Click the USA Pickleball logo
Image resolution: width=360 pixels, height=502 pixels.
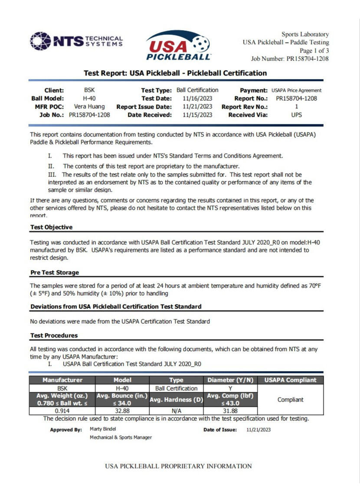pos(178,46)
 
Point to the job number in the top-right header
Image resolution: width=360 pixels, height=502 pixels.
pos(290,59)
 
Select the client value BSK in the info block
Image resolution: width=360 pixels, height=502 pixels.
pos(89,90)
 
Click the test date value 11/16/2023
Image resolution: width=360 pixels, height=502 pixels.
pos(197,98)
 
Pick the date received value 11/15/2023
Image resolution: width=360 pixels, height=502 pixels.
pos(197,115)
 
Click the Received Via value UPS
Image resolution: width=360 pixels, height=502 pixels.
pos(297,115)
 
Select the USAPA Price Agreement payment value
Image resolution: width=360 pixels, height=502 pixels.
pos(297,91)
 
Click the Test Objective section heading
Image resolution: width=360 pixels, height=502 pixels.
pos(52,227)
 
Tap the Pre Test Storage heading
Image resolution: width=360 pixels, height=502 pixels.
pos(55,273)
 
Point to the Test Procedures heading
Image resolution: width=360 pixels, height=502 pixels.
pos(54,336)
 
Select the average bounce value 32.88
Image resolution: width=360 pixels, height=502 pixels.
pos(122,411)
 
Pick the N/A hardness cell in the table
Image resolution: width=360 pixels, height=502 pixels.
pos(176,411)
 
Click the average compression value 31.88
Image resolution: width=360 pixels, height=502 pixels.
pos(230,411)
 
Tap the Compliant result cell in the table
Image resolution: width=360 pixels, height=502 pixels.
pos(291,400)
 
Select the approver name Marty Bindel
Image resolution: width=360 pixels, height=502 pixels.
pos(103,429)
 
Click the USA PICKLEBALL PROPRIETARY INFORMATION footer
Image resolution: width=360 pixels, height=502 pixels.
pos(178,466)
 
